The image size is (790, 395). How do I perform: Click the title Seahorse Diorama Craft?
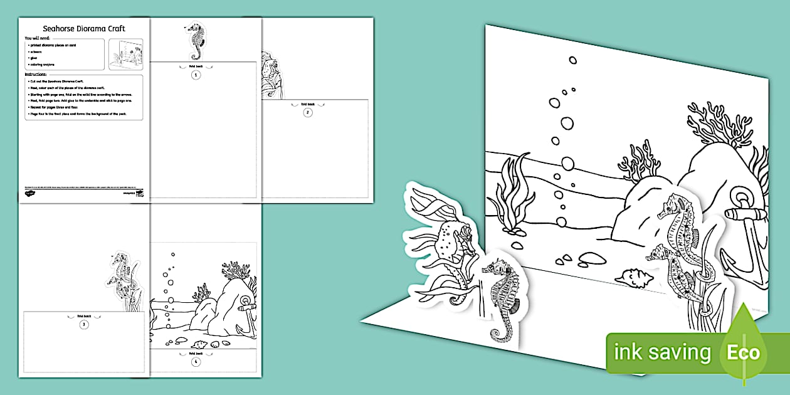click(83, 29)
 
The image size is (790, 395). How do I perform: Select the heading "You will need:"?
click(36, 38)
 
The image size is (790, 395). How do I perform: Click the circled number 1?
click(196, 75)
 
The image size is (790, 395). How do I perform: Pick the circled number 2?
click(307, 112)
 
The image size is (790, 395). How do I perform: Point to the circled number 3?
click(83, 324)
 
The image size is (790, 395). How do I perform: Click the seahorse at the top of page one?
click(196, 41)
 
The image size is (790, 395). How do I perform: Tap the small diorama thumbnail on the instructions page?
click(125, 55)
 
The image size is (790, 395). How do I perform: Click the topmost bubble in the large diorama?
click(572, 60)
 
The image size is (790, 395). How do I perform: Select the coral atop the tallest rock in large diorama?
click(715, 127)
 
